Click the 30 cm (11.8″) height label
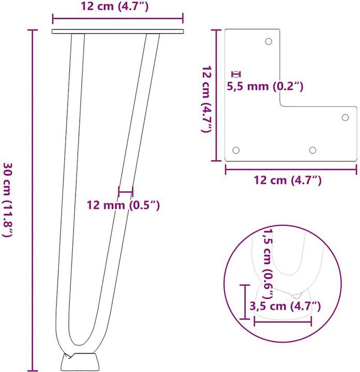click(x=7, y=199)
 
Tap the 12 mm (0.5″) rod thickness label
click(x=123, y=205)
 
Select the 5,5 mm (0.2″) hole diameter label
click(x=265, y=86)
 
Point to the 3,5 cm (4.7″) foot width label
click(x=285, y=306)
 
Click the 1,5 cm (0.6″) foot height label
click(x=268, y=263)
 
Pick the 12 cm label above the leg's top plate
click(x=115, y=6)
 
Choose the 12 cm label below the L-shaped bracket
click(x=288, y=180)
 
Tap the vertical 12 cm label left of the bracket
click(x=206, y=99)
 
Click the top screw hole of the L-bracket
click(x=268, y=41)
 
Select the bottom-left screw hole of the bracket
click(x=236, y=150)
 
